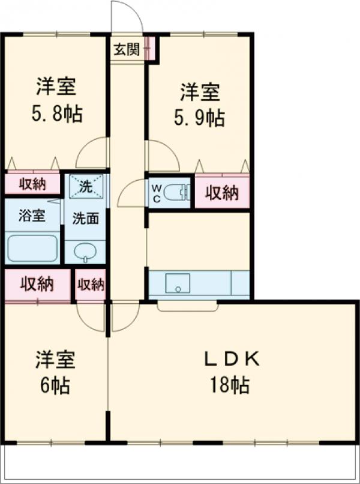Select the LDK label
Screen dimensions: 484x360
pos(230,359)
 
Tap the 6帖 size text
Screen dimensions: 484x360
pos(55,385)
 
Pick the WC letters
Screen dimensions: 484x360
pos(155,193)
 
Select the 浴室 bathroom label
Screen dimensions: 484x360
pos(31,216)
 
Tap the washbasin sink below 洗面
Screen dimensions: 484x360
pos(86,250)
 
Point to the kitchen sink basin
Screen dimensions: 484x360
pos(178,283)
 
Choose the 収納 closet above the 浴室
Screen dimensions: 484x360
pos(32,184)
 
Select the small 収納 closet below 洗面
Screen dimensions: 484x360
pos(91,285)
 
